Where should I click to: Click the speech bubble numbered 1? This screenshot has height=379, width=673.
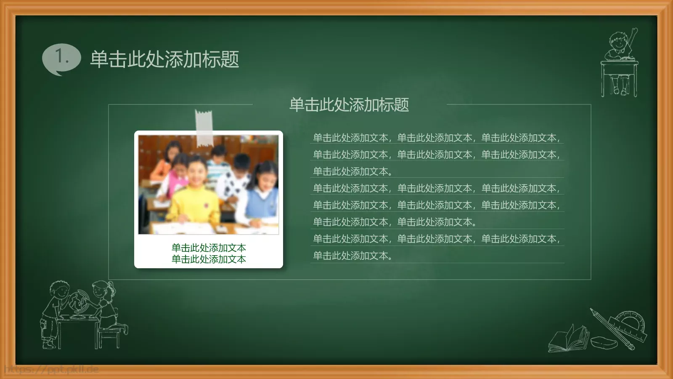(61, 58)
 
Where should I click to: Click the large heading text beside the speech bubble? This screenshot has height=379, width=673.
(164, 59)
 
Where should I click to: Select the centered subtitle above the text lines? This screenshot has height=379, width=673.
(349, 105)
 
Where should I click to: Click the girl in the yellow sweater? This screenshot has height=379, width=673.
(196, 194)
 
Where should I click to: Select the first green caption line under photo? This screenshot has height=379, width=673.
(209, 248)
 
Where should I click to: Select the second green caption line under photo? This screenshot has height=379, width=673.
(209, 259)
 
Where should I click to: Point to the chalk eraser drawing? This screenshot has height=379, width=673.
(604, 342)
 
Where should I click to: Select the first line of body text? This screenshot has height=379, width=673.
(436, 138)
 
